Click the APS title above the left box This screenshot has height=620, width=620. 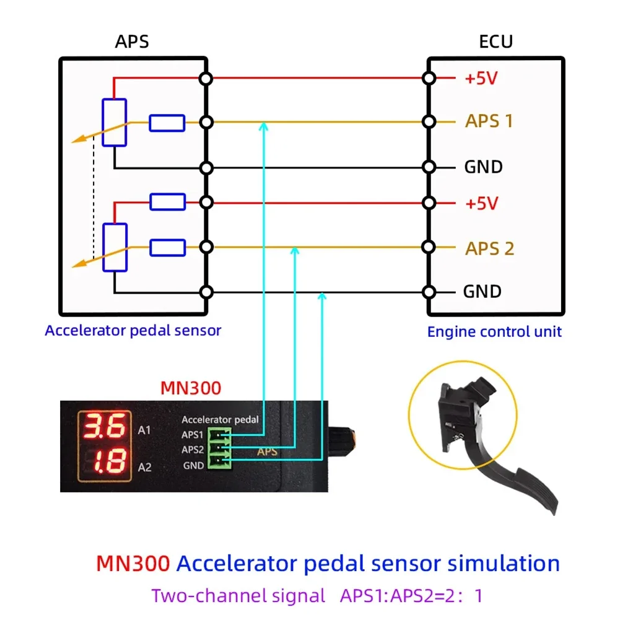click(x=132, y=41)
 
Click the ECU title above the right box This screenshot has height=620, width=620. click(x=496, y=41)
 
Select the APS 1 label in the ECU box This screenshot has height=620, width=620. click(x=489, y=121)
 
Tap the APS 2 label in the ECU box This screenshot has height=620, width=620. click(x=489, y=249)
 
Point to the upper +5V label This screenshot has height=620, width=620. click(x=481, y=78)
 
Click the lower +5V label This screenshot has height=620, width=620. click(x=482, y=204)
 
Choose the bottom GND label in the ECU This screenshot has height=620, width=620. click(x=482, y=291)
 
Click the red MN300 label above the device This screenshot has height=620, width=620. click(x=191, y=388)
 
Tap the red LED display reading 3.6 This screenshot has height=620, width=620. click(x=105, y=426)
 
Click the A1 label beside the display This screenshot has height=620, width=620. click(x=144, y=430)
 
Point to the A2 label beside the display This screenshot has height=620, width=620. click(x=145, y=468)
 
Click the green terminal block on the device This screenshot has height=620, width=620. click(x=219, y=448)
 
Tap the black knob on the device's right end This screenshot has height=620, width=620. click(x=342, y=441)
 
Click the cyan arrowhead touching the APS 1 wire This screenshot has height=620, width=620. click(x=264, y=126)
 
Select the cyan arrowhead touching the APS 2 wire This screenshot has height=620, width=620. click(x=295, y=251)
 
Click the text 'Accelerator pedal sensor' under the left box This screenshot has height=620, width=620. click(x=133, y=331)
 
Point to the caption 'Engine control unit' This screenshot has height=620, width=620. click(x=494, y=332)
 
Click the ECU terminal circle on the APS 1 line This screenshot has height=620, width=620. click(x=429, y=121)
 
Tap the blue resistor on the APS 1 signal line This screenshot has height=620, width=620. click(x=167, y=123)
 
